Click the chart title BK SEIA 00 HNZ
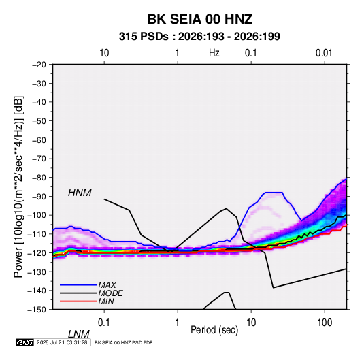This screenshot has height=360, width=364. coord(200,19)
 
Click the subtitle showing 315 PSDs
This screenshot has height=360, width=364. coord(199,37)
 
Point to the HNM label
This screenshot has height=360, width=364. coord(80,193)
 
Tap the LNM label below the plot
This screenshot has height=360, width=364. coord(79,334)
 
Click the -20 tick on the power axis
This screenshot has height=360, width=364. coord(39,65)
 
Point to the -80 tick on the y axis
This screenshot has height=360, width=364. coord(39,178)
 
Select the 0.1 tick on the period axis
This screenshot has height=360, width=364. coord(104,323)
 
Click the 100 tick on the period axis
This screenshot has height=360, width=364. coord(325,323)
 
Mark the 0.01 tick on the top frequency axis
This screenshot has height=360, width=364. coord(324,53)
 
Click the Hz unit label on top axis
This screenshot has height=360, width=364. coord(214,53)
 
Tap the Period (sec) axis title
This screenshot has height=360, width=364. coord(214,330)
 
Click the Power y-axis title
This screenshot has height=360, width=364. coord(18,187)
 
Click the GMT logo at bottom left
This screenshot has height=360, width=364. coord(24,342)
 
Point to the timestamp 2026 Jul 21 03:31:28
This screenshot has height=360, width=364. coord(62,342)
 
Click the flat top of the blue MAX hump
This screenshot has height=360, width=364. coord(274,193)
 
